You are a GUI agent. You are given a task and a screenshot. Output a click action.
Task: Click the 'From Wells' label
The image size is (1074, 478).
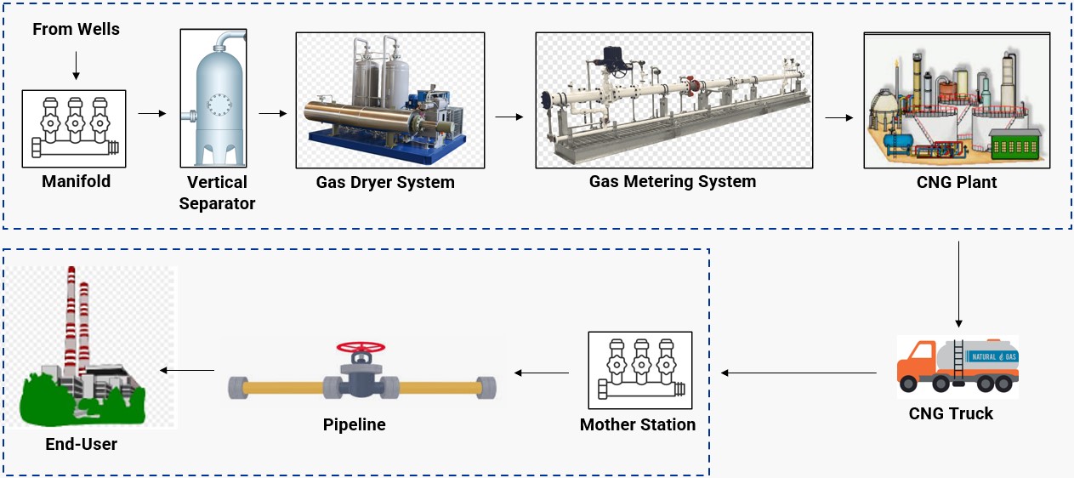(76, 30)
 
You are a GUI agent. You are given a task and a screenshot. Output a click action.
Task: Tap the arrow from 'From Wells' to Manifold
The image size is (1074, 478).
(76, 65)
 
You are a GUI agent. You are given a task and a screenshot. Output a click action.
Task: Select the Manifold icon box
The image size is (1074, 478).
(74, 128)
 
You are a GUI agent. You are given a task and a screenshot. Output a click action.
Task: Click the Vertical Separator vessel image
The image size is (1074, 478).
(213, 98)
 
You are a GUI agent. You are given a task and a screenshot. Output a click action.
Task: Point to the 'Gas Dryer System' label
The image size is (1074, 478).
(385, 182)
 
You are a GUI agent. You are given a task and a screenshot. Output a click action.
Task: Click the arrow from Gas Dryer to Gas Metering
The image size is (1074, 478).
(509, 117)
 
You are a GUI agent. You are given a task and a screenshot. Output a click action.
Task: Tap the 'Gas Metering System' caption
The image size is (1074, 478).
(673, 181)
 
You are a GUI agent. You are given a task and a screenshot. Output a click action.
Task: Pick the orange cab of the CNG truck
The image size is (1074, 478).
(914, 364)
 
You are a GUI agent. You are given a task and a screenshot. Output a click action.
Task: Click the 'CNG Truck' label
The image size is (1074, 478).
(951, 414)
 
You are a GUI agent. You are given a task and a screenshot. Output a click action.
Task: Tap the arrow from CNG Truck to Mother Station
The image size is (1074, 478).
(798, 373)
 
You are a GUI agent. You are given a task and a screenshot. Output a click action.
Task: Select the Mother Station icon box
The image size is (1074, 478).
(640, 370)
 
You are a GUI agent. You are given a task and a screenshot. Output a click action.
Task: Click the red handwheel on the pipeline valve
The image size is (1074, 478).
(361, 347)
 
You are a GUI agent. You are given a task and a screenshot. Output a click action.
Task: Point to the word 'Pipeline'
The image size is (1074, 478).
(354, 424)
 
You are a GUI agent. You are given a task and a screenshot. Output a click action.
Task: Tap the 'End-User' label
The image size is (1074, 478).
(82, 444)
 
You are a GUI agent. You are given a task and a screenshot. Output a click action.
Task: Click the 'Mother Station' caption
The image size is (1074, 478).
(638, 424)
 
